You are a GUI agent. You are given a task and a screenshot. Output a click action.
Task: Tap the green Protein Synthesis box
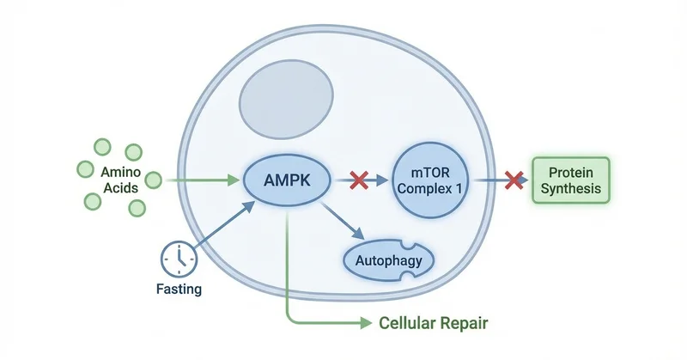570,180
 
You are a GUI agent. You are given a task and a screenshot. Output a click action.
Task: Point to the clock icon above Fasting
177,256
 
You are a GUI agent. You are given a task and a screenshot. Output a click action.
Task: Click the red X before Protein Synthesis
514,180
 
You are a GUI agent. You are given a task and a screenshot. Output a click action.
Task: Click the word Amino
116,172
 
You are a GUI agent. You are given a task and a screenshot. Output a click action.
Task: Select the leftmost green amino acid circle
86,168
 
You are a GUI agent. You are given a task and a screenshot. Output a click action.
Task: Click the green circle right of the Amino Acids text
154,180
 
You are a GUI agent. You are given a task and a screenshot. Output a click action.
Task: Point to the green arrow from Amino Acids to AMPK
202,180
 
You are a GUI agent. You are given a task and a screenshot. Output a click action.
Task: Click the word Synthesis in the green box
570,188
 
